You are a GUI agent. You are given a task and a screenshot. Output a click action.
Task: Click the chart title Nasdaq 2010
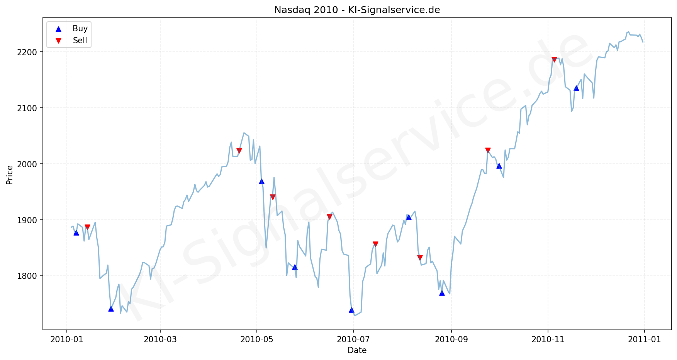pos(357,10)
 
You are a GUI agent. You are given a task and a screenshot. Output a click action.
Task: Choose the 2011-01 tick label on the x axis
pos(644,340)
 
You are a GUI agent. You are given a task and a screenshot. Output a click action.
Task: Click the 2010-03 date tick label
pos(160,340)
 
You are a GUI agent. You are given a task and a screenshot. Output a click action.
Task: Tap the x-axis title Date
pos(357,350)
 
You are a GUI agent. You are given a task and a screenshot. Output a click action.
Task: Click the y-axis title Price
pos(10,175)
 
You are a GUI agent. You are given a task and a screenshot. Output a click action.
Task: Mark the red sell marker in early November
pos(554,59)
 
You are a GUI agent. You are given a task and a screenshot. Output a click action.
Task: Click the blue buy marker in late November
pos(576,88)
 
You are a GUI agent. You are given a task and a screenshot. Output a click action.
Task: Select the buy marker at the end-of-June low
pos(351,310)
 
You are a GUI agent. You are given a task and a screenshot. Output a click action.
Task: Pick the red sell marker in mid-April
pos(239,151)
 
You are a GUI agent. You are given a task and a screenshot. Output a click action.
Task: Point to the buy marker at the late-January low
pos(111,309)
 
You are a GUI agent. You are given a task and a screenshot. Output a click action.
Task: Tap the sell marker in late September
pos(488,150)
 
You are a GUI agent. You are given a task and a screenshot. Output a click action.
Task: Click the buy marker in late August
pos(442,293)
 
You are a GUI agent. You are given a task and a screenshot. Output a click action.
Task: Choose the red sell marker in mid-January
pos(87,227)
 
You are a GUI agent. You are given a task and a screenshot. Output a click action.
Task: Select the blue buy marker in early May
pos(261,181)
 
